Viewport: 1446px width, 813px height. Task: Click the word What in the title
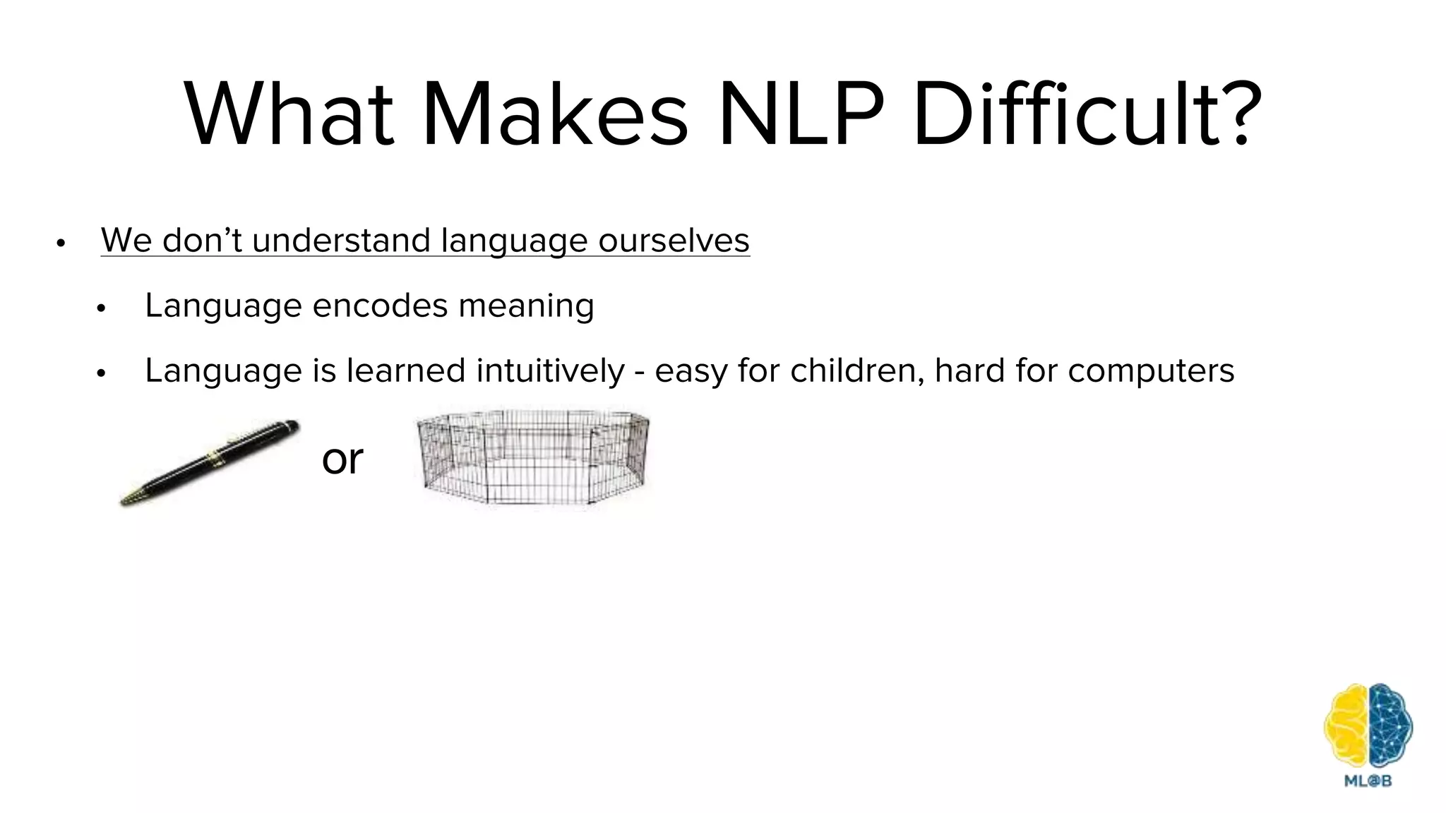(x=289, y=114)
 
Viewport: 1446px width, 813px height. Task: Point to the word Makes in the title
(x=554, y=114)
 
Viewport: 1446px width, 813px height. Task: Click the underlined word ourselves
(x=674, y=241)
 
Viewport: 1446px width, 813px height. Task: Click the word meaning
(x=526, y=306)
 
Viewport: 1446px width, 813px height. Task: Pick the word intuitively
(x=551, y=371)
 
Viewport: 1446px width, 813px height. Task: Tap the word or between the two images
(x=342, y=459)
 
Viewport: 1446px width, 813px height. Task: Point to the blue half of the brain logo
(x=1390, y=727)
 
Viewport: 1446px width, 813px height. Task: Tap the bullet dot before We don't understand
(x=61, y=243)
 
